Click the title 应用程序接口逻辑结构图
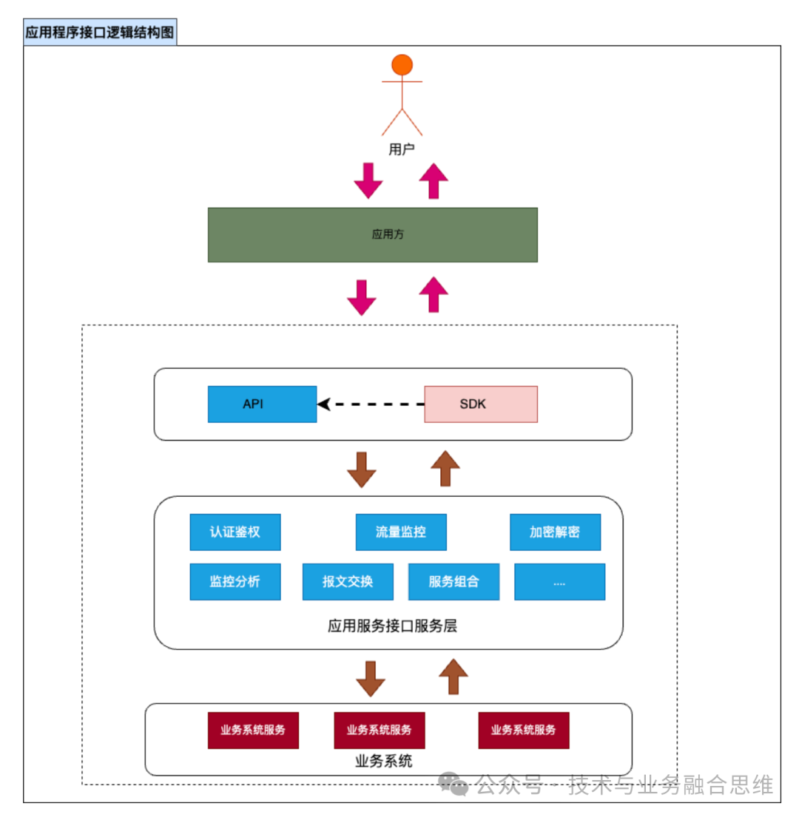(100, 33)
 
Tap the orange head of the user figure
(402, 65)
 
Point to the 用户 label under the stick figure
(402, 149)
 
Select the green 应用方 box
(372, 234)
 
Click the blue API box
(262, 404)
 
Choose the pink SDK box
(480, 404)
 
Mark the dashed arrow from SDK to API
(371, 404)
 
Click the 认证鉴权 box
(235, 532)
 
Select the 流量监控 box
(401, 532)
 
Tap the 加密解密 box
(555, 532)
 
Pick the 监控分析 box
(235, 581)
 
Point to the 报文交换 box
(348, 581)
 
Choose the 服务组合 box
(454, 581)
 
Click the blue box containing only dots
(559, 581)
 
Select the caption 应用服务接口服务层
(392, 626)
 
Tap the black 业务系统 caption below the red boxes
(384, 761)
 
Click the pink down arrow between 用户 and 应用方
(368, 180)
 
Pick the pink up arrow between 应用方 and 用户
(434, 181)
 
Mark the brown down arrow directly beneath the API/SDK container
(362, 469)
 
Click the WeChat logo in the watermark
(453, 784)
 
